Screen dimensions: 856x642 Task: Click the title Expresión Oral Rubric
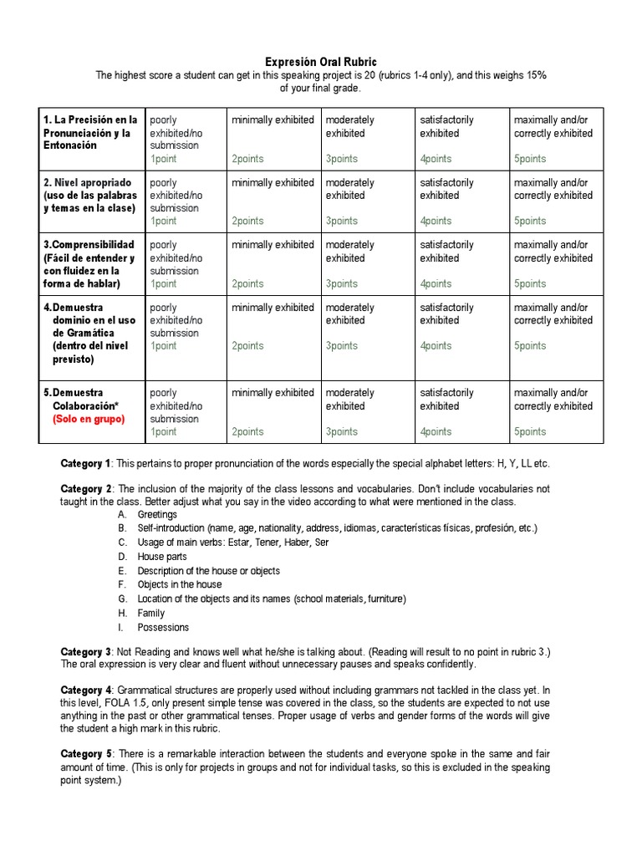coord(321,62)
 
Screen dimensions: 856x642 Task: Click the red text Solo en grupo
coord(89,419)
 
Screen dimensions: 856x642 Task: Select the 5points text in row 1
coord(530,159)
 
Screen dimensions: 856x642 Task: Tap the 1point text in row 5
coord(163,432)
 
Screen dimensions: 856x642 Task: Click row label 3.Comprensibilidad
coord(89,245)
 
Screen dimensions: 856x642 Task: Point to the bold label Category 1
coord(85,463)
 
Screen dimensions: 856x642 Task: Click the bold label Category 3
coord(85,651)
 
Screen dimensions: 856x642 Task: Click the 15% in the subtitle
coord(536,75)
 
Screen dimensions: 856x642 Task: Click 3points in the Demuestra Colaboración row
coord(341,432)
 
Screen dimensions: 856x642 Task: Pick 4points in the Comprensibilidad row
coord(436,284)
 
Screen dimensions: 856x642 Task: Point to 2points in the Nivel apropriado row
coord(247,222)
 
